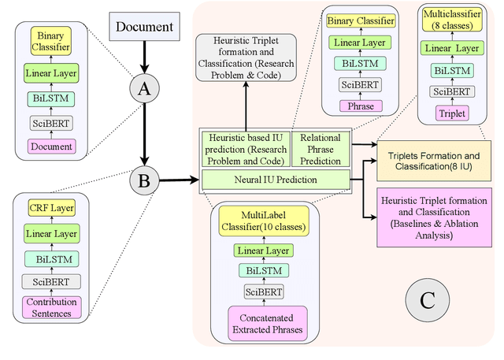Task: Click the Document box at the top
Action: pyautogui.click(x=144, y=28)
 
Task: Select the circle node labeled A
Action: pyautogui.click(x=144, y=91)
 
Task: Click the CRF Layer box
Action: pyautogui.click(x=51, y=209)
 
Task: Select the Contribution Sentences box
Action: pyautogui.click(x=51, y=308)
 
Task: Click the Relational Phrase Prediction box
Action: pyautogui.click(x=321, y=148)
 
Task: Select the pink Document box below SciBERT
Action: pyautogui.click(x=51, y=146)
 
